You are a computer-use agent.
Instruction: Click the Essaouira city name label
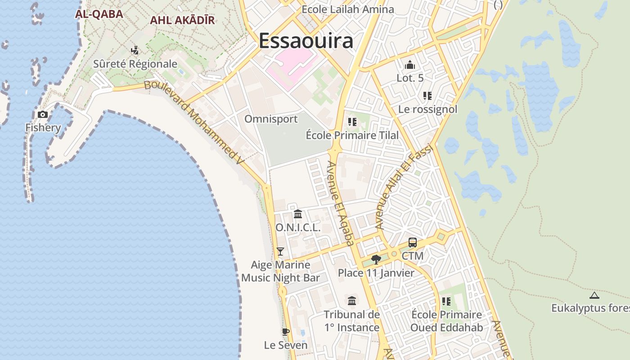(306, 40)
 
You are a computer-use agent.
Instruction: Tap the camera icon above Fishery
(43, 114)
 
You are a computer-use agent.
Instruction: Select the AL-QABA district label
(99, 14)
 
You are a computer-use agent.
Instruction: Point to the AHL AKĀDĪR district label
(182, 20)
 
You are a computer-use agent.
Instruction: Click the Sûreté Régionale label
(135, 64)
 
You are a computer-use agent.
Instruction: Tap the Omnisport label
(271, 119)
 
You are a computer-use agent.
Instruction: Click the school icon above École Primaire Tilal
(352, 122)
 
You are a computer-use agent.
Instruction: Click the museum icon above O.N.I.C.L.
(298, 214)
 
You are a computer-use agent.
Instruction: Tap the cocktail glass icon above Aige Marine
(280, 251)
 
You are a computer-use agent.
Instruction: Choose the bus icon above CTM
(413, 243)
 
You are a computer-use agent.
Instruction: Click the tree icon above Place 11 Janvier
(376, 259)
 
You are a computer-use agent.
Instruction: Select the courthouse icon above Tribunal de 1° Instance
(352, 301)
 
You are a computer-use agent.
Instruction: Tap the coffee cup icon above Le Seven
(285, 332)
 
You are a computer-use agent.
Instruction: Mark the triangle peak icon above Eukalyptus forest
(594, 296)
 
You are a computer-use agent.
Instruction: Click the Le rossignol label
(427, 109)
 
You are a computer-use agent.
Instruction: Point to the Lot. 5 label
(410, 78)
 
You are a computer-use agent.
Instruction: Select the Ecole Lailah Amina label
(347, 9)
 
